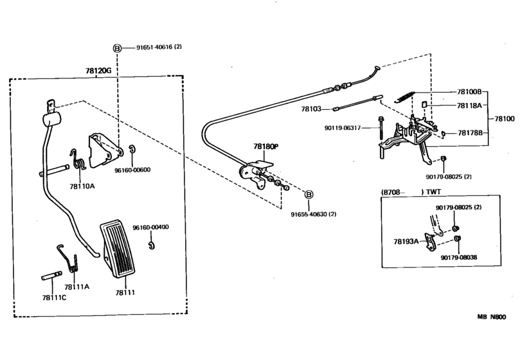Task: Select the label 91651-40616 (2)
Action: click(x=159, y=48)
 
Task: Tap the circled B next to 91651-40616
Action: click(x=118, y=48)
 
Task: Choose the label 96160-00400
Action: click(x=151, y=227)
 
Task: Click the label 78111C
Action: click(x=53, y=297)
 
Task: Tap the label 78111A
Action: click(x=77, y=287)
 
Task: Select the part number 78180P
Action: click(x=265, y=147)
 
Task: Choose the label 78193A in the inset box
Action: click(x=406, y=241)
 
